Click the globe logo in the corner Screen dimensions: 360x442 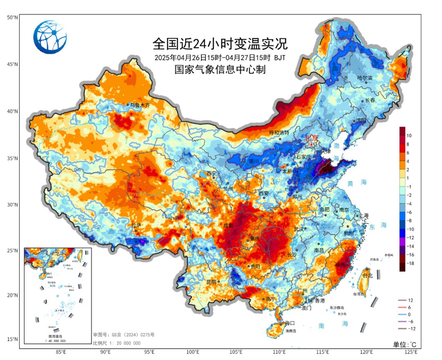50,37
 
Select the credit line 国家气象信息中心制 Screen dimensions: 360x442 220,70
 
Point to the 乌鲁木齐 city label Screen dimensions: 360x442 140,105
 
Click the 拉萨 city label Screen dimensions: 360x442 136,225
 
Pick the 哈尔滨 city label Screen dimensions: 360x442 365,78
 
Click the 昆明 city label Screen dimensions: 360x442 211,282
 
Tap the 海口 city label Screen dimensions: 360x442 290,323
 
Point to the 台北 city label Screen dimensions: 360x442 368,276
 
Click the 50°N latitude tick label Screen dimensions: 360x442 12,18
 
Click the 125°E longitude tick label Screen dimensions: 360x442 410,352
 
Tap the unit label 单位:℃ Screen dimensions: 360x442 405,344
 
